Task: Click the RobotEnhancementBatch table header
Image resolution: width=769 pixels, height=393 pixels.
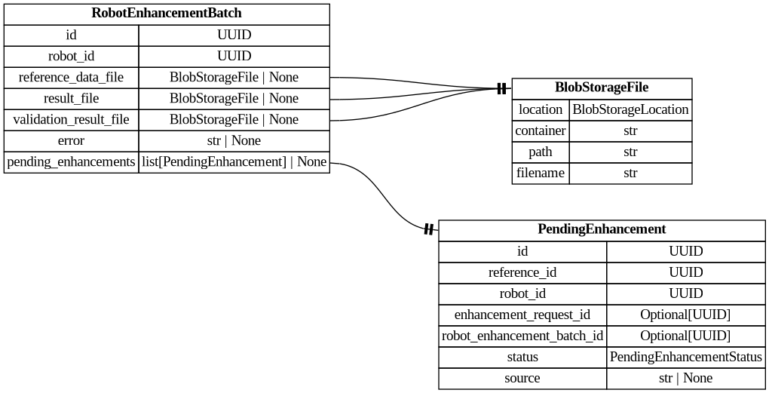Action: tap(167, 14)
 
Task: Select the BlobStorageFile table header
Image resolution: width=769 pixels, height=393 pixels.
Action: tap(602, 88)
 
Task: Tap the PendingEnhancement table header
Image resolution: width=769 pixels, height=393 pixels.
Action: tap(602, 229)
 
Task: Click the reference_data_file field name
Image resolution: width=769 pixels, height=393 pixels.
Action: tap(71, 77)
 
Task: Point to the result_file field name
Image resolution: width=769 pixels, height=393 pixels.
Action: tap(71, 98)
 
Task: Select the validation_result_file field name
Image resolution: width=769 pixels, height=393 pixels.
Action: tap(71, 119)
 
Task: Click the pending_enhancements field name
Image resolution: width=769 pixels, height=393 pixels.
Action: tap(71, 161)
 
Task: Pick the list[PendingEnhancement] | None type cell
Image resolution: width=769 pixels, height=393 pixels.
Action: tap(234, 161)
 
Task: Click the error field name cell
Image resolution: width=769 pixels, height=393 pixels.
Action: tap(71, 140)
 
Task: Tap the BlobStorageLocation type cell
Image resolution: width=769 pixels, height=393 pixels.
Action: tap(630, 109)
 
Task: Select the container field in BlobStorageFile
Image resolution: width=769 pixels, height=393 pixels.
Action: tap(541, 130)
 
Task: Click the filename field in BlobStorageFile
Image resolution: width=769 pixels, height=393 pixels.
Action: tap(541, 173)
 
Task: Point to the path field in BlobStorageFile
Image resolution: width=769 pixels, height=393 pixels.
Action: tap(541, 152)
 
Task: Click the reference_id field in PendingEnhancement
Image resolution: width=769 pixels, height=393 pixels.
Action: tap(522, 272)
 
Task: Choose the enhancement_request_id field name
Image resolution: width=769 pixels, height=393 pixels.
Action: tap(522, 315)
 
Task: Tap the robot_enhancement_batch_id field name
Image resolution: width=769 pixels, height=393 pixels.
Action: tap(522, 336)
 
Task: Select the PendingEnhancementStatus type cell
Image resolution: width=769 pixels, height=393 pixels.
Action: tap(685, 357)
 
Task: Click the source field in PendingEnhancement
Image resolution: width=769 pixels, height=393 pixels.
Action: tap(522, 378)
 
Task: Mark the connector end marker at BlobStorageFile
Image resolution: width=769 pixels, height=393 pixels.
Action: tap(502, 89)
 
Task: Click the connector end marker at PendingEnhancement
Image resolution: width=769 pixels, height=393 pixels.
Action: tap(428, 229)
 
